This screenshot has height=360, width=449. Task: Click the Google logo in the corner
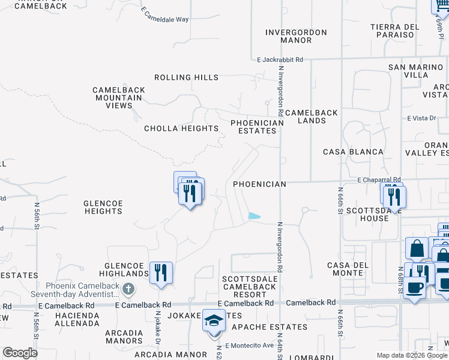20,353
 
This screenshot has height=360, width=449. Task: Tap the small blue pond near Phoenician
255,216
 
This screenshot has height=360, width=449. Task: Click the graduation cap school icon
214,320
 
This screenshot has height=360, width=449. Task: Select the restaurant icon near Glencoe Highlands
160,272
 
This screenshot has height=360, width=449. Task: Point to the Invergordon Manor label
297,36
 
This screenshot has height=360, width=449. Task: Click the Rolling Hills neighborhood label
186,77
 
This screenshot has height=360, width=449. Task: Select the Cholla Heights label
181,128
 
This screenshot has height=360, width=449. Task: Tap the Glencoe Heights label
103,208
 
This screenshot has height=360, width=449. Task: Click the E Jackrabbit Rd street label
280,60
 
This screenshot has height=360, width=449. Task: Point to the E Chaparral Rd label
379,179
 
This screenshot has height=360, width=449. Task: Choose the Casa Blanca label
353,152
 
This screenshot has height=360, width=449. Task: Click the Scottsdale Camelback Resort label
250,287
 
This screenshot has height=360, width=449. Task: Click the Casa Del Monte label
345,269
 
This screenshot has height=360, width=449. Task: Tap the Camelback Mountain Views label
119,98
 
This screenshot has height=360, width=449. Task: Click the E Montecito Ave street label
252,345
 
